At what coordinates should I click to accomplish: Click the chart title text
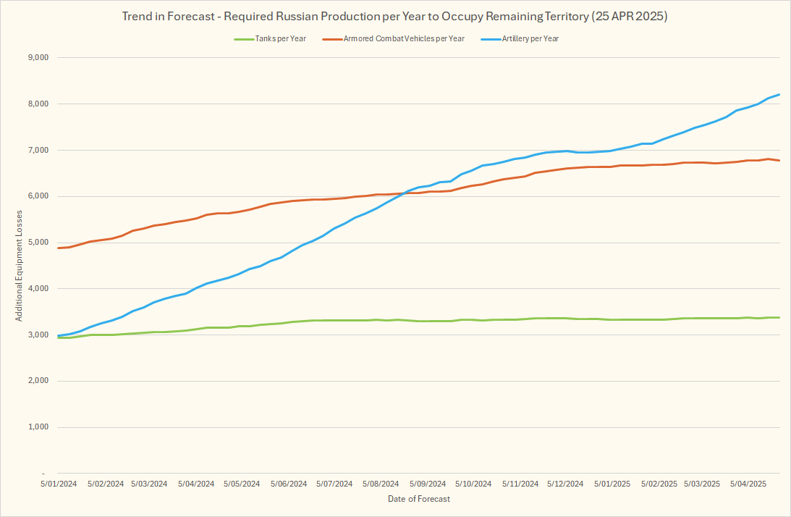[x=395, y=17]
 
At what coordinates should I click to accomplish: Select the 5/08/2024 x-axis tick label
[x=380, y=484]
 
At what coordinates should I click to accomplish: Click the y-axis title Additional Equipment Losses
[x=20, y=265]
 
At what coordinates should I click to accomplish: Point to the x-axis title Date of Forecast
[x=419, y=499]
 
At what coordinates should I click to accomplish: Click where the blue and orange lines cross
[x=402, y=193]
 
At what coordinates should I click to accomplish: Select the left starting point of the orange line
[x=58, y=248]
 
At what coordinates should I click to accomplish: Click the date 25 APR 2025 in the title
[x=629, y=17]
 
